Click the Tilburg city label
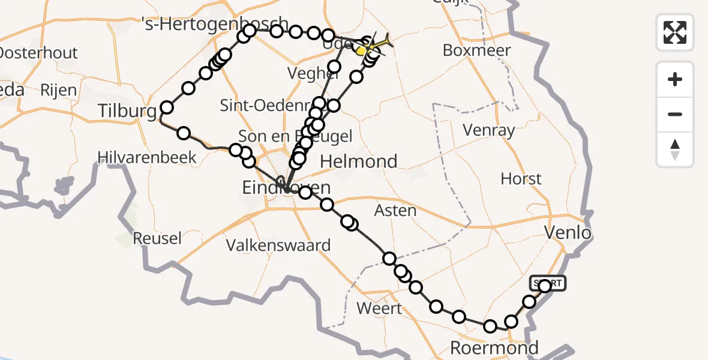click(128, 112)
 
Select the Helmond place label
click(358, 161)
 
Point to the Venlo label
click(567, 233)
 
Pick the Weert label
click(379, 308)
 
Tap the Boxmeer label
click(476, 50)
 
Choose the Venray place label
click(489, 130)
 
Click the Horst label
click(521, 179)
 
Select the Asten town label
click(395, 211)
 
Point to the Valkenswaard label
click(278, 245)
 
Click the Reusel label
click(157, 238)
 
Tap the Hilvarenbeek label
click(147, 158)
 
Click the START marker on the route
click(547, 283)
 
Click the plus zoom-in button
click(675, 79)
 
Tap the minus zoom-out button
click(675, 114)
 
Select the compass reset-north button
click(675, 149)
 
